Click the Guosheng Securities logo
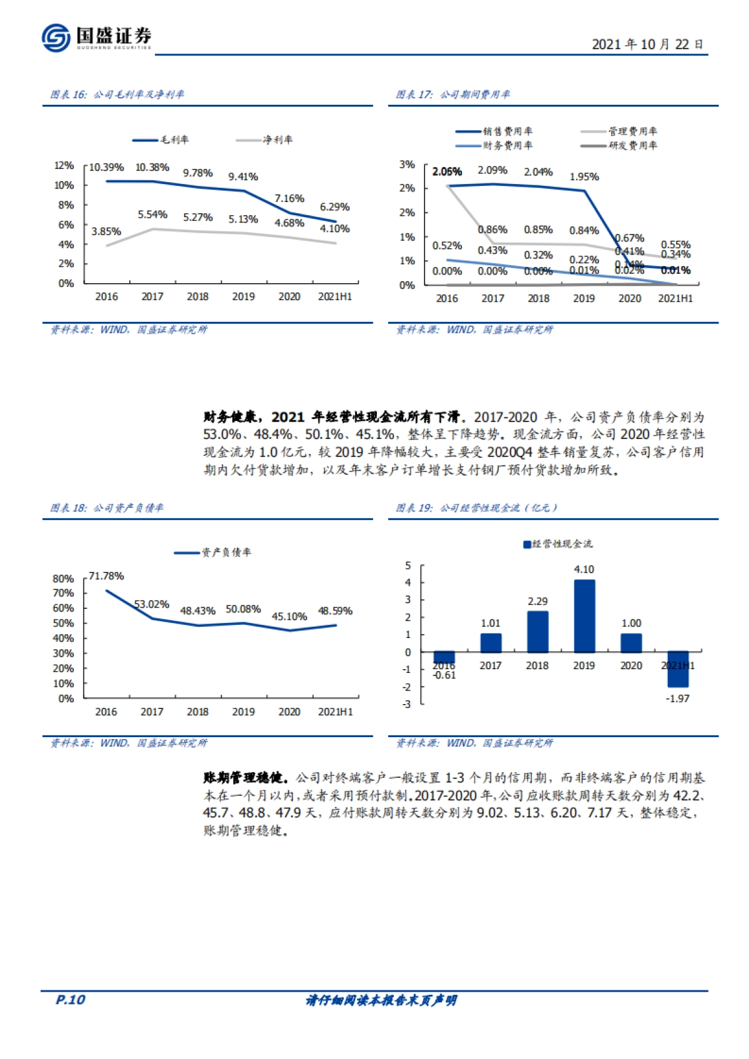coord(97,37)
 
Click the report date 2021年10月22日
coord(647,44)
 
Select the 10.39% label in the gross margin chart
coord(106,167)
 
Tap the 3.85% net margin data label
coord(106,231)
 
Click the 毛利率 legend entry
coord(160,140)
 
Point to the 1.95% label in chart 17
coord(584,176)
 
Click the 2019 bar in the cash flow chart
coord(584,616)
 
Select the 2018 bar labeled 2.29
coord(537,631)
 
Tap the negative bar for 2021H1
coord(678,669)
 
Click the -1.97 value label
coord(678,699)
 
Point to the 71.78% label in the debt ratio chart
coord(106,576)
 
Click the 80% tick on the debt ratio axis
coord(63,579)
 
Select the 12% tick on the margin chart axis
coord(64,165)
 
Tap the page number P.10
coord(70,999)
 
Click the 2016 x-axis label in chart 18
coord(106,712)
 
